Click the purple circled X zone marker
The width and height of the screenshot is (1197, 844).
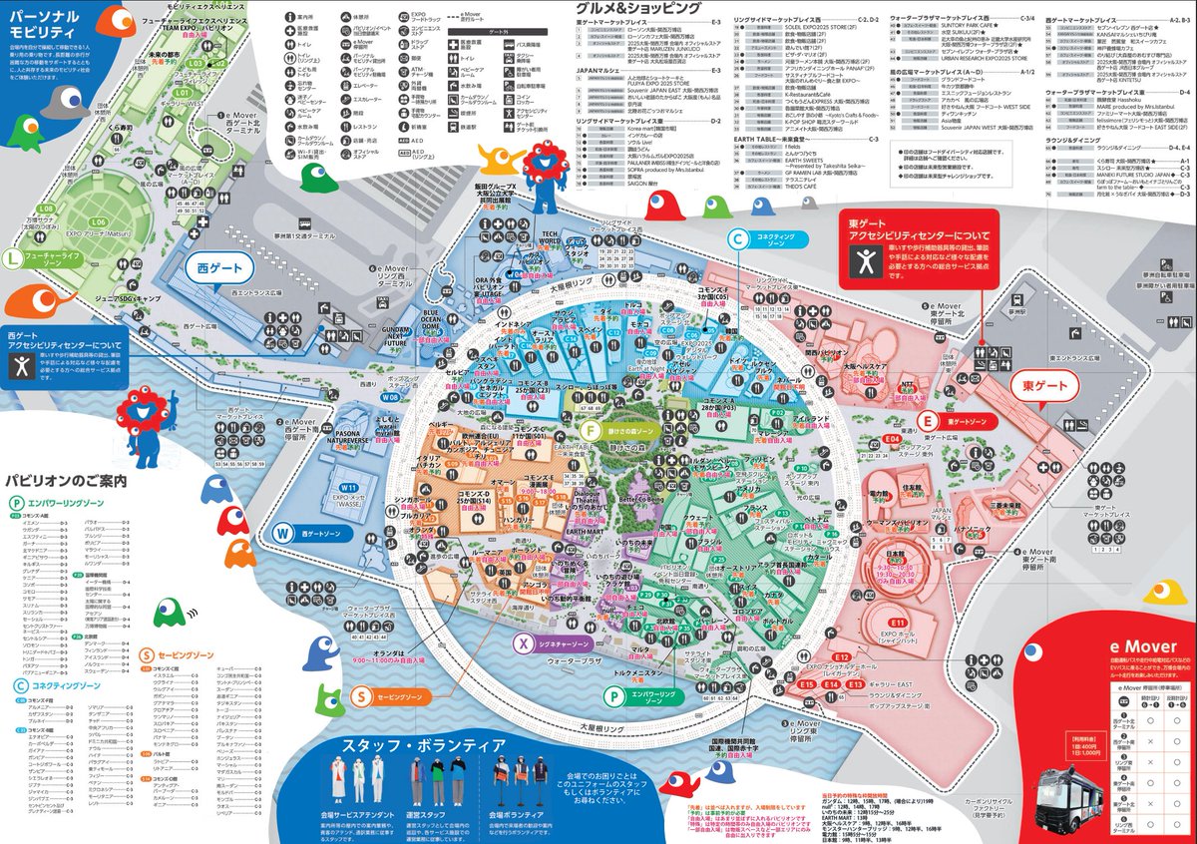coord(521,643)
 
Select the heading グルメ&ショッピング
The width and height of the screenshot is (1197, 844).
coord(639,8)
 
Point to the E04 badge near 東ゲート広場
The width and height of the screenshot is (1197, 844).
coord(892,439)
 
